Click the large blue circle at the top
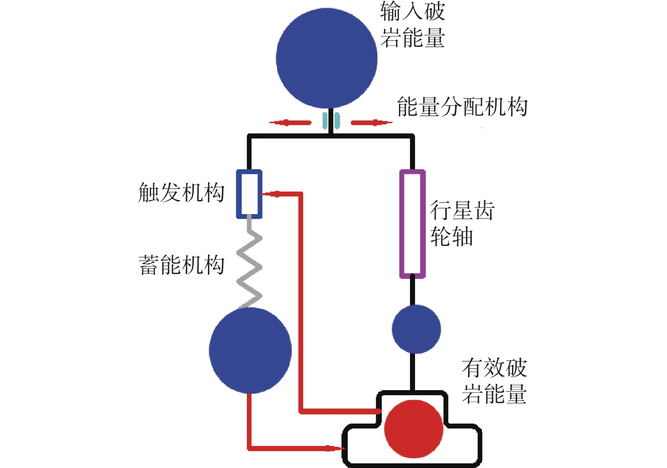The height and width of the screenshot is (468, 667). [327, 58]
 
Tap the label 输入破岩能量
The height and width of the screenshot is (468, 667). [412, 25]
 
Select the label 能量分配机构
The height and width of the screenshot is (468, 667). [462, 107]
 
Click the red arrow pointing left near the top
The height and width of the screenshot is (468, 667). [290, 123]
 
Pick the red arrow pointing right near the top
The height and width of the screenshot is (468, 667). [371, 123]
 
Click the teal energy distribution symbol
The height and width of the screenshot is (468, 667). [331, 120]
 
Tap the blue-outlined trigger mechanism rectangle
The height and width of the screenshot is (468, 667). [249, 194]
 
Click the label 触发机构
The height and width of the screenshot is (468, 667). [181, 193]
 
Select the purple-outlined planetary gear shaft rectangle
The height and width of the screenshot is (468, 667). [412, 224]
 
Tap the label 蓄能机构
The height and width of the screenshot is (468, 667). [181, 265]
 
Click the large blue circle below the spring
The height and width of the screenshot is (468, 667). [250, 350]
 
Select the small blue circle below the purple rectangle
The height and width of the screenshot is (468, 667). [416, 329]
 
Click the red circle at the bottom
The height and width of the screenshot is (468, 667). [414, 429]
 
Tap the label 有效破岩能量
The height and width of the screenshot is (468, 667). [494, 381]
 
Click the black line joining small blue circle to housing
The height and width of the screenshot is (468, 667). [413, 372]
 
